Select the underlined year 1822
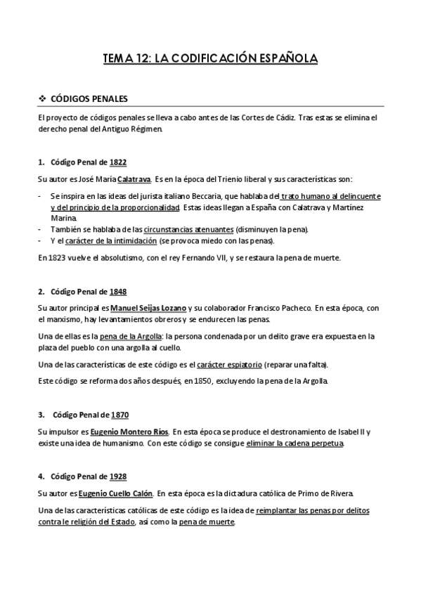coord(118,162)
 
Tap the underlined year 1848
coord(118,291)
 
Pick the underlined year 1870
coord(120,415)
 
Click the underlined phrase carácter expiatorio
coord(230,365)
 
